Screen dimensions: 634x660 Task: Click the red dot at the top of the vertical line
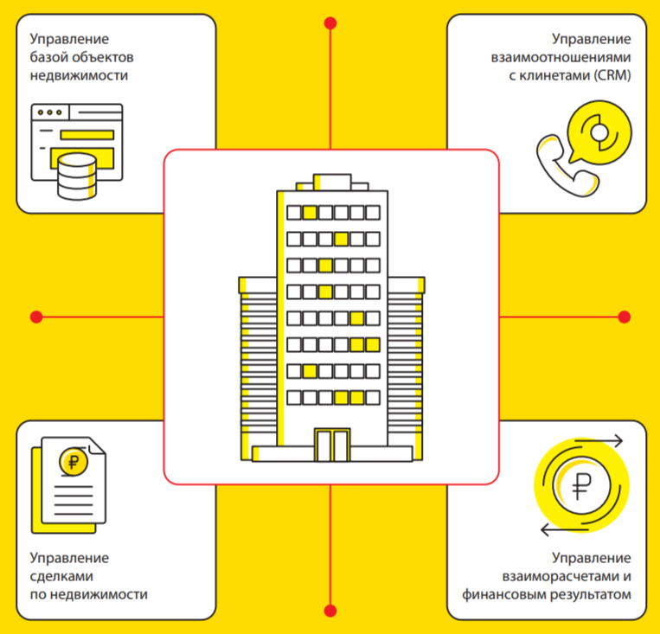point(330,22)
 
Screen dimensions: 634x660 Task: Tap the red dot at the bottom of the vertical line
point(330,610)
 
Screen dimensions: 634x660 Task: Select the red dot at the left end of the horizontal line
point(36,317)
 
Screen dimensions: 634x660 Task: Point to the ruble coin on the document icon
point(73,461)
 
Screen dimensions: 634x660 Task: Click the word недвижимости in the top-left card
point(79,76)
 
